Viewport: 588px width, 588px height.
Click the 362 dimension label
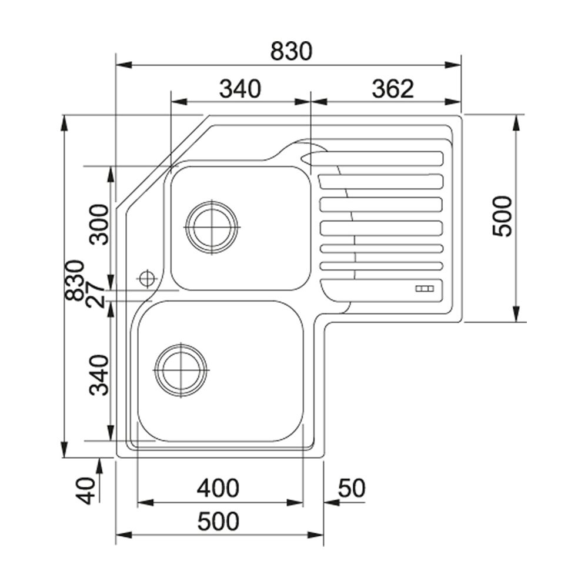[x=393, y=89]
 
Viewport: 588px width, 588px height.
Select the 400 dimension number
[x=218, y=488]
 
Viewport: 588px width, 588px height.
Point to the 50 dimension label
[x=352, y=488]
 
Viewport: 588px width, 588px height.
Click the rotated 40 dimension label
[x=85, y=490]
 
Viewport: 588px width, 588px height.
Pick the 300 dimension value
[x=99, y=224]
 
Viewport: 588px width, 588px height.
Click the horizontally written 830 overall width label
[x=291, y=51]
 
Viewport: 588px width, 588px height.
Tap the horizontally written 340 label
[x=240, y=89]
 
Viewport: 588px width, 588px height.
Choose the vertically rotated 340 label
[x=99, y=375]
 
